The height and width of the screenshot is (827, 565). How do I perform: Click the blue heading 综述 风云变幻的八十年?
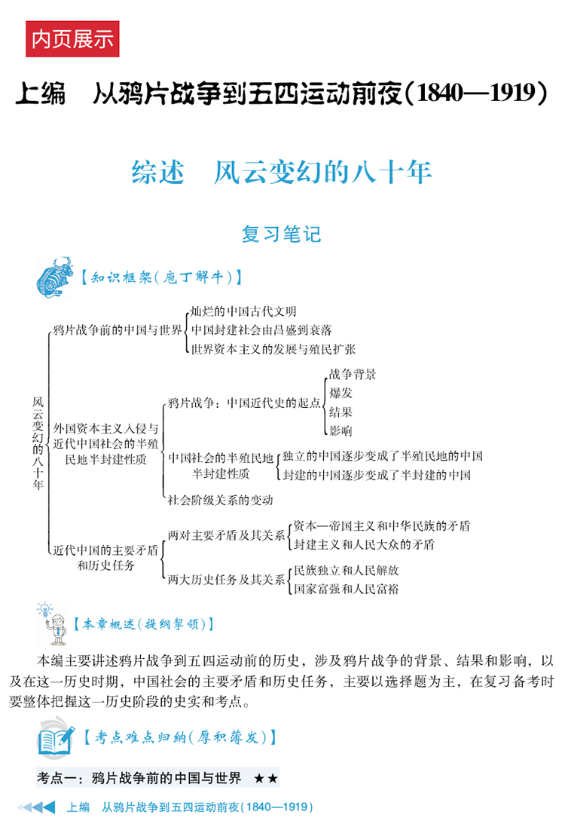click(282, 173)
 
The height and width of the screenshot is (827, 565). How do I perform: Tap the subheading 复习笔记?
click(282, 234)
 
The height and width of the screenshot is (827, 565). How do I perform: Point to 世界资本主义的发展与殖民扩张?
click(273, 349)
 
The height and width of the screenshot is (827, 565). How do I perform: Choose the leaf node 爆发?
click(341, 393)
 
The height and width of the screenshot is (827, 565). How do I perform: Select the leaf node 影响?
click(341, 430)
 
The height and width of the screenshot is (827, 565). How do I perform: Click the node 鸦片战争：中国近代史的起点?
click(244, 403)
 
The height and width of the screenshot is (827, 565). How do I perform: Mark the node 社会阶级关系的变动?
click(220, 499)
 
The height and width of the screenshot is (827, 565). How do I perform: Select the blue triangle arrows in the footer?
click(36, 807)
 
